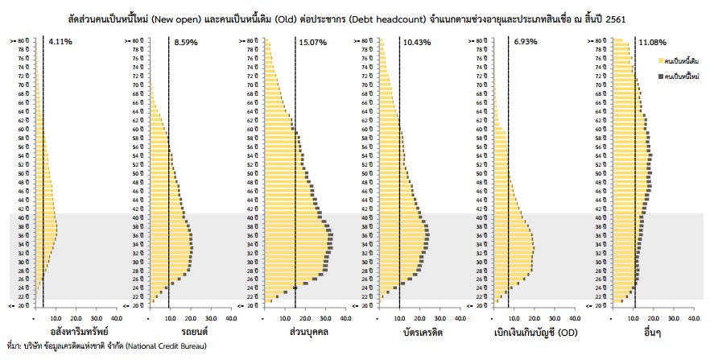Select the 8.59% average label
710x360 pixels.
coord(186,41)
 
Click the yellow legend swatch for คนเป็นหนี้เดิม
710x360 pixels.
coord(661,60)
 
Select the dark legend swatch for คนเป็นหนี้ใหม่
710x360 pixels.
coord(661,76)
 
